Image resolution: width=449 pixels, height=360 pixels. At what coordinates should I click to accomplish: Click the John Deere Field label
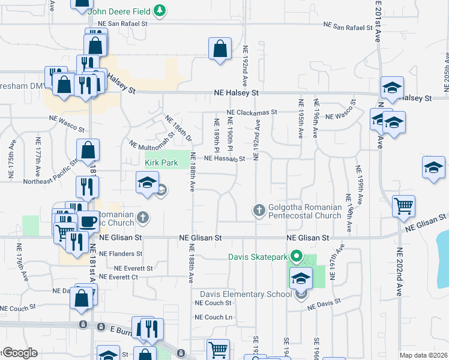118,11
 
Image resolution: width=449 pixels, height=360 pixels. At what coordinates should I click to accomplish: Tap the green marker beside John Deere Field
160,11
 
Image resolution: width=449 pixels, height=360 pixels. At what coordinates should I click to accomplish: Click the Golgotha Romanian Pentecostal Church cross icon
259,211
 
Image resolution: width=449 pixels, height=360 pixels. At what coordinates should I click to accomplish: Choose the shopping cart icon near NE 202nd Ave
403,206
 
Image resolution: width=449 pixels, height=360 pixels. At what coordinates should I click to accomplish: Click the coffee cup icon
88,221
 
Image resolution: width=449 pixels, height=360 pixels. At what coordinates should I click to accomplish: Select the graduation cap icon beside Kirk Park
146,183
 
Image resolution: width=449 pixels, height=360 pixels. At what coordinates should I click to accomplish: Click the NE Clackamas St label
252,112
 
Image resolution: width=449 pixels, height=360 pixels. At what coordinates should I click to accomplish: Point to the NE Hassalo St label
225,159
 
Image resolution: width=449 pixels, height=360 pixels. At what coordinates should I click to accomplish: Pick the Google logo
20,353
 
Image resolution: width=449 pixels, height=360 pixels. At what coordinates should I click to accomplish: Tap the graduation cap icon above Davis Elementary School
301,278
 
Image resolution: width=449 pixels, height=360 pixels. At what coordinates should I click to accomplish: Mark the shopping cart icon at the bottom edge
218,350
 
